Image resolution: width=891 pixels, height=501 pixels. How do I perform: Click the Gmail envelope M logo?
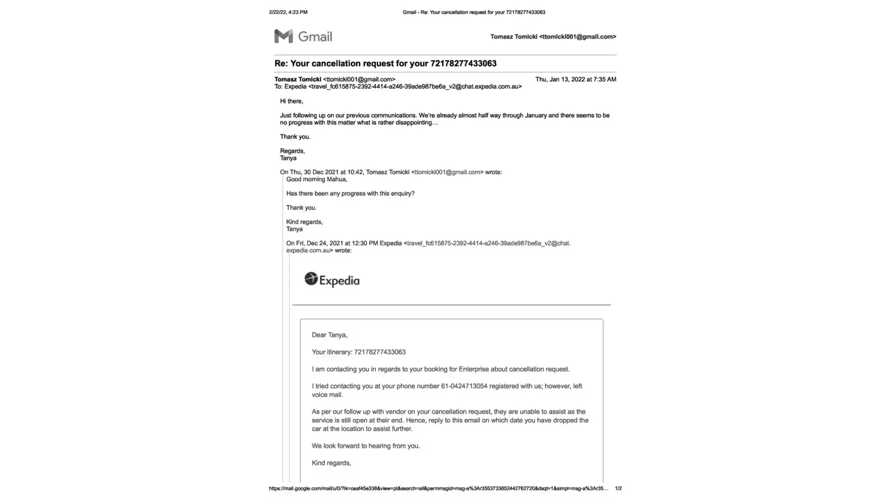tap(284, 36)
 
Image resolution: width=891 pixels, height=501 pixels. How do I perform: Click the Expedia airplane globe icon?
tap(311, 279)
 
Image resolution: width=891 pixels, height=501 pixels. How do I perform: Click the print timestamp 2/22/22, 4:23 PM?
tap(288, 12)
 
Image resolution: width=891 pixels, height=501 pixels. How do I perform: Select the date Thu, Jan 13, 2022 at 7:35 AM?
tap(575, 79)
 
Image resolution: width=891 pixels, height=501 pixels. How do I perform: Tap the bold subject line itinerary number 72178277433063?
tap(463, 64)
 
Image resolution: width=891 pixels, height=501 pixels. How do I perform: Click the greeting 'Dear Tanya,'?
tap(329, 335)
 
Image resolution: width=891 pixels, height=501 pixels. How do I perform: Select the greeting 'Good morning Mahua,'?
tap(316, 179)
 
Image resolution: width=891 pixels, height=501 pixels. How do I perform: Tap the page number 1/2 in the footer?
tap(618, 488)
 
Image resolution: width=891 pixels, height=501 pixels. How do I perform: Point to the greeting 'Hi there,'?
tap(291, 101)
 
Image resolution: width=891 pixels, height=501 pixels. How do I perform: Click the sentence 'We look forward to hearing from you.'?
tap(366, 446)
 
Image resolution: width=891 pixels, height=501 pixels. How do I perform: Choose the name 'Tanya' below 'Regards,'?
tap(288, 158)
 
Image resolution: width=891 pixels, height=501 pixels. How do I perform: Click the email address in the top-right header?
tap(577, 37)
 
